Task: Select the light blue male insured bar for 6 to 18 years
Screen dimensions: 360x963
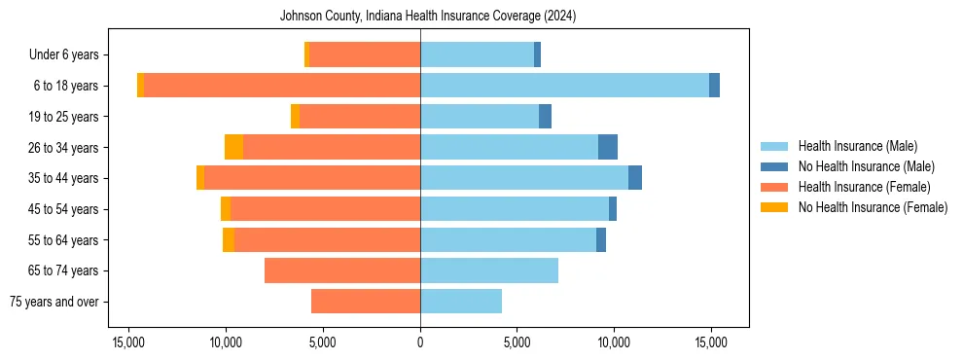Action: (x=564, y=86)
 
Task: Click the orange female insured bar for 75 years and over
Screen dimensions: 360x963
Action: (x=366, y=302)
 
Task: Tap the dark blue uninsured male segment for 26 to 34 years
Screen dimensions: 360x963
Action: (x=607, y=147)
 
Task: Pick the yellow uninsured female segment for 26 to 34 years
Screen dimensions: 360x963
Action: (x=233, y=147)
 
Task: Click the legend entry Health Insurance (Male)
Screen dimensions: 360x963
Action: (x=857, y=146)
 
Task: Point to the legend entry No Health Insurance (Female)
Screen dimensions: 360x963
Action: (x=873, y=207)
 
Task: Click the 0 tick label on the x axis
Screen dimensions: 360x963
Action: (x=420, y=342)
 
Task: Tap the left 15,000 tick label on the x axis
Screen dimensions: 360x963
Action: (x=128, y=342)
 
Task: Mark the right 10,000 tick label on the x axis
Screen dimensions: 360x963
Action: (x=614, y=342)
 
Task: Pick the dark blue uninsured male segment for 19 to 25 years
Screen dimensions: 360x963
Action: (x=545, y=117)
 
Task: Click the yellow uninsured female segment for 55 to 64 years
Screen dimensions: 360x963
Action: (x=229, y=239)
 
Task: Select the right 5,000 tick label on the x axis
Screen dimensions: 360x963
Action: (x=517, y=342)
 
